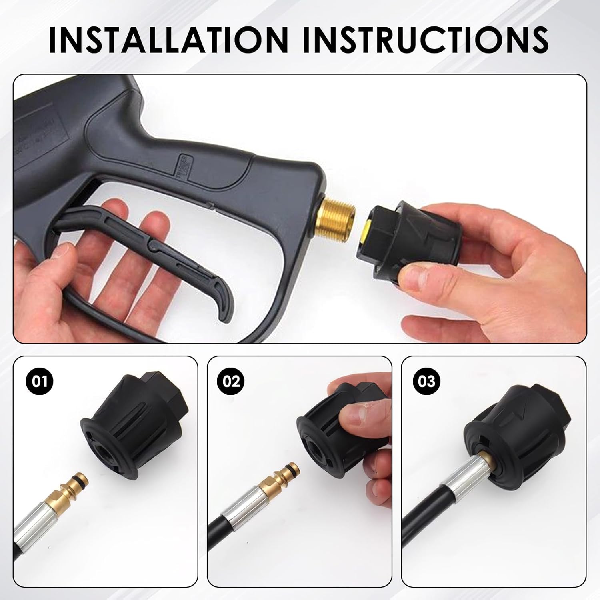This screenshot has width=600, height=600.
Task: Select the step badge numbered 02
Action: click(231, 381)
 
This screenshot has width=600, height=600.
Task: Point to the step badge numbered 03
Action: click(426, 381)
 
